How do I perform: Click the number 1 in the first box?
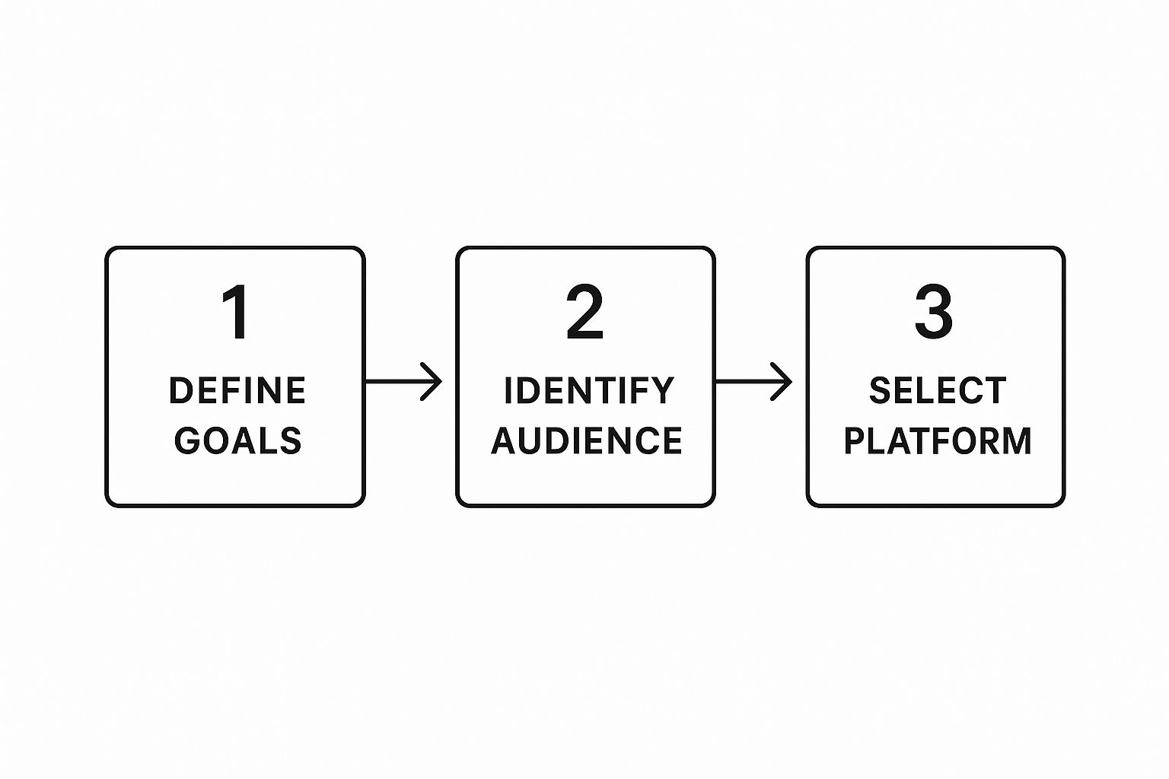point(236,312)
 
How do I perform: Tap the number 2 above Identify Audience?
point(584,312)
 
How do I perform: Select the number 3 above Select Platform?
point(934,312)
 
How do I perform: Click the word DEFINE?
point(237,391)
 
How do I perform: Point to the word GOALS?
point(238,441)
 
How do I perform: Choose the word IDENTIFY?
point(589,391)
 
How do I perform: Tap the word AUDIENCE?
point(587,441)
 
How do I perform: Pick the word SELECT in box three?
point(938,391)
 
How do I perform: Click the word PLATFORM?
point(938,441)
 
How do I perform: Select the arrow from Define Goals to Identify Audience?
point(403,382)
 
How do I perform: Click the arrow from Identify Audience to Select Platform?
point(753,382)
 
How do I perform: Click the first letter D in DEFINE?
point(181,391)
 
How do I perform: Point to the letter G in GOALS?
point(188,441)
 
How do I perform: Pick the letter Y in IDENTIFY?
point(663,391)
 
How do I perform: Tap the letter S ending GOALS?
point(290,441)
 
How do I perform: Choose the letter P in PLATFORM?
point(855,441)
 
